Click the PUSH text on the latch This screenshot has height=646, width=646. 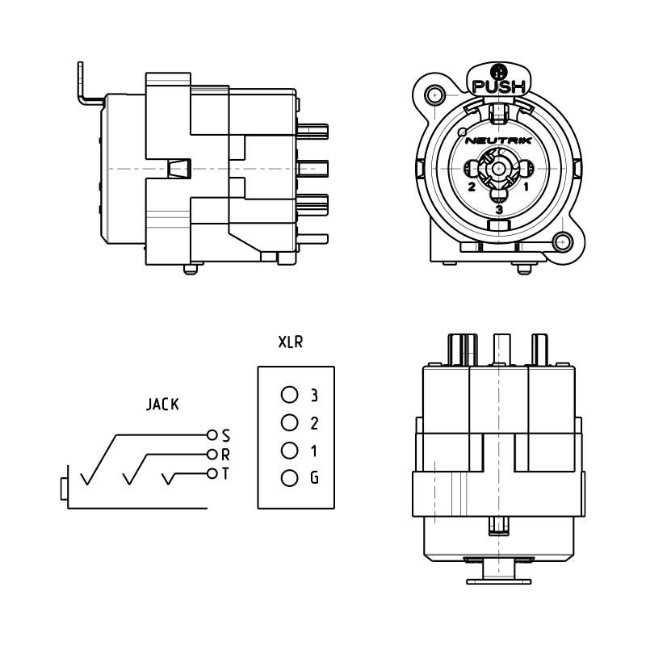pos(499,86)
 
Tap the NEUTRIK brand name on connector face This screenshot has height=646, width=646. pos(498,141)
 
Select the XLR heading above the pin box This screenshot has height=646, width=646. pos(291,342)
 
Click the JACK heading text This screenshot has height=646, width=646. pos(163,405)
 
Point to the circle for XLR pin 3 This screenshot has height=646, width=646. pos(290,395)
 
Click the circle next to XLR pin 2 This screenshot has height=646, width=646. pos(290,422)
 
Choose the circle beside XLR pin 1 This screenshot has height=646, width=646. pos(290,451)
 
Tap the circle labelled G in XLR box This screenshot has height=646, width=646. pos(290,478)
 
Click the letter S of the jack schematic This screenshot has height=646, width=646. pos(226,435)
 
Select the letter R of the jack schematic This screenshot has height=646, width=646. pos(225,455)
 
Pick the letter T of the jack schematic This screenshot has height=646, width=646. pos(225,474)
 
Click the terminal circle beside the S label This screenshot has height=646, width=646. pos(212,434)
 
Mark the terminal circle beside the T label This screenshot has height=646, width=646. pos(212,473)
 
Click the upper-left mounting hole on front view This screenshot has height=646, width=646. pos(434,95)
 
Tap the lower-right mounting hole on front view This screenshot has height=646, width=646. pos(562,241)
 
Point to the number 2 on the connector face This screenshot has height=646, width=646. pos(472,187)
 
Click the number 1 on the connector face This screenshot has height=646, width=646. pos(526,187)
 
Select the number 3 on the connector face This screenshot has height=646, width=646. pos(499,210)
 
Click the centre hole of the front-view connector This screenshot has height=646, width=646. pos(498,169)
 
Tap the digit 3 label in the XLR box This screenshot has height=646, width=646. pos(314,395)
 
